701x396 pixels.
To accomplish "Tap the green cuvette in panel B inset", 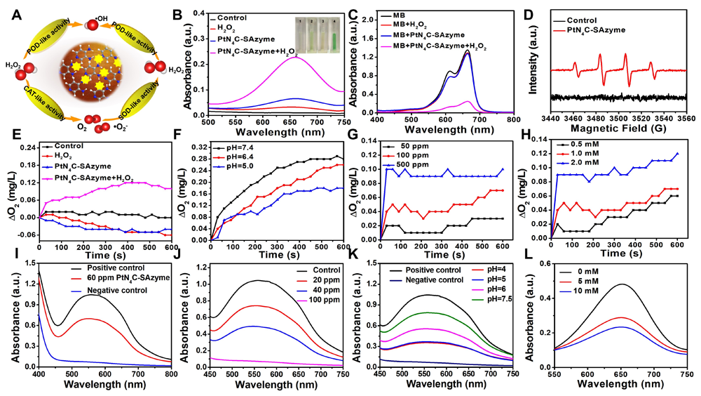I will coord(339,29).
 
